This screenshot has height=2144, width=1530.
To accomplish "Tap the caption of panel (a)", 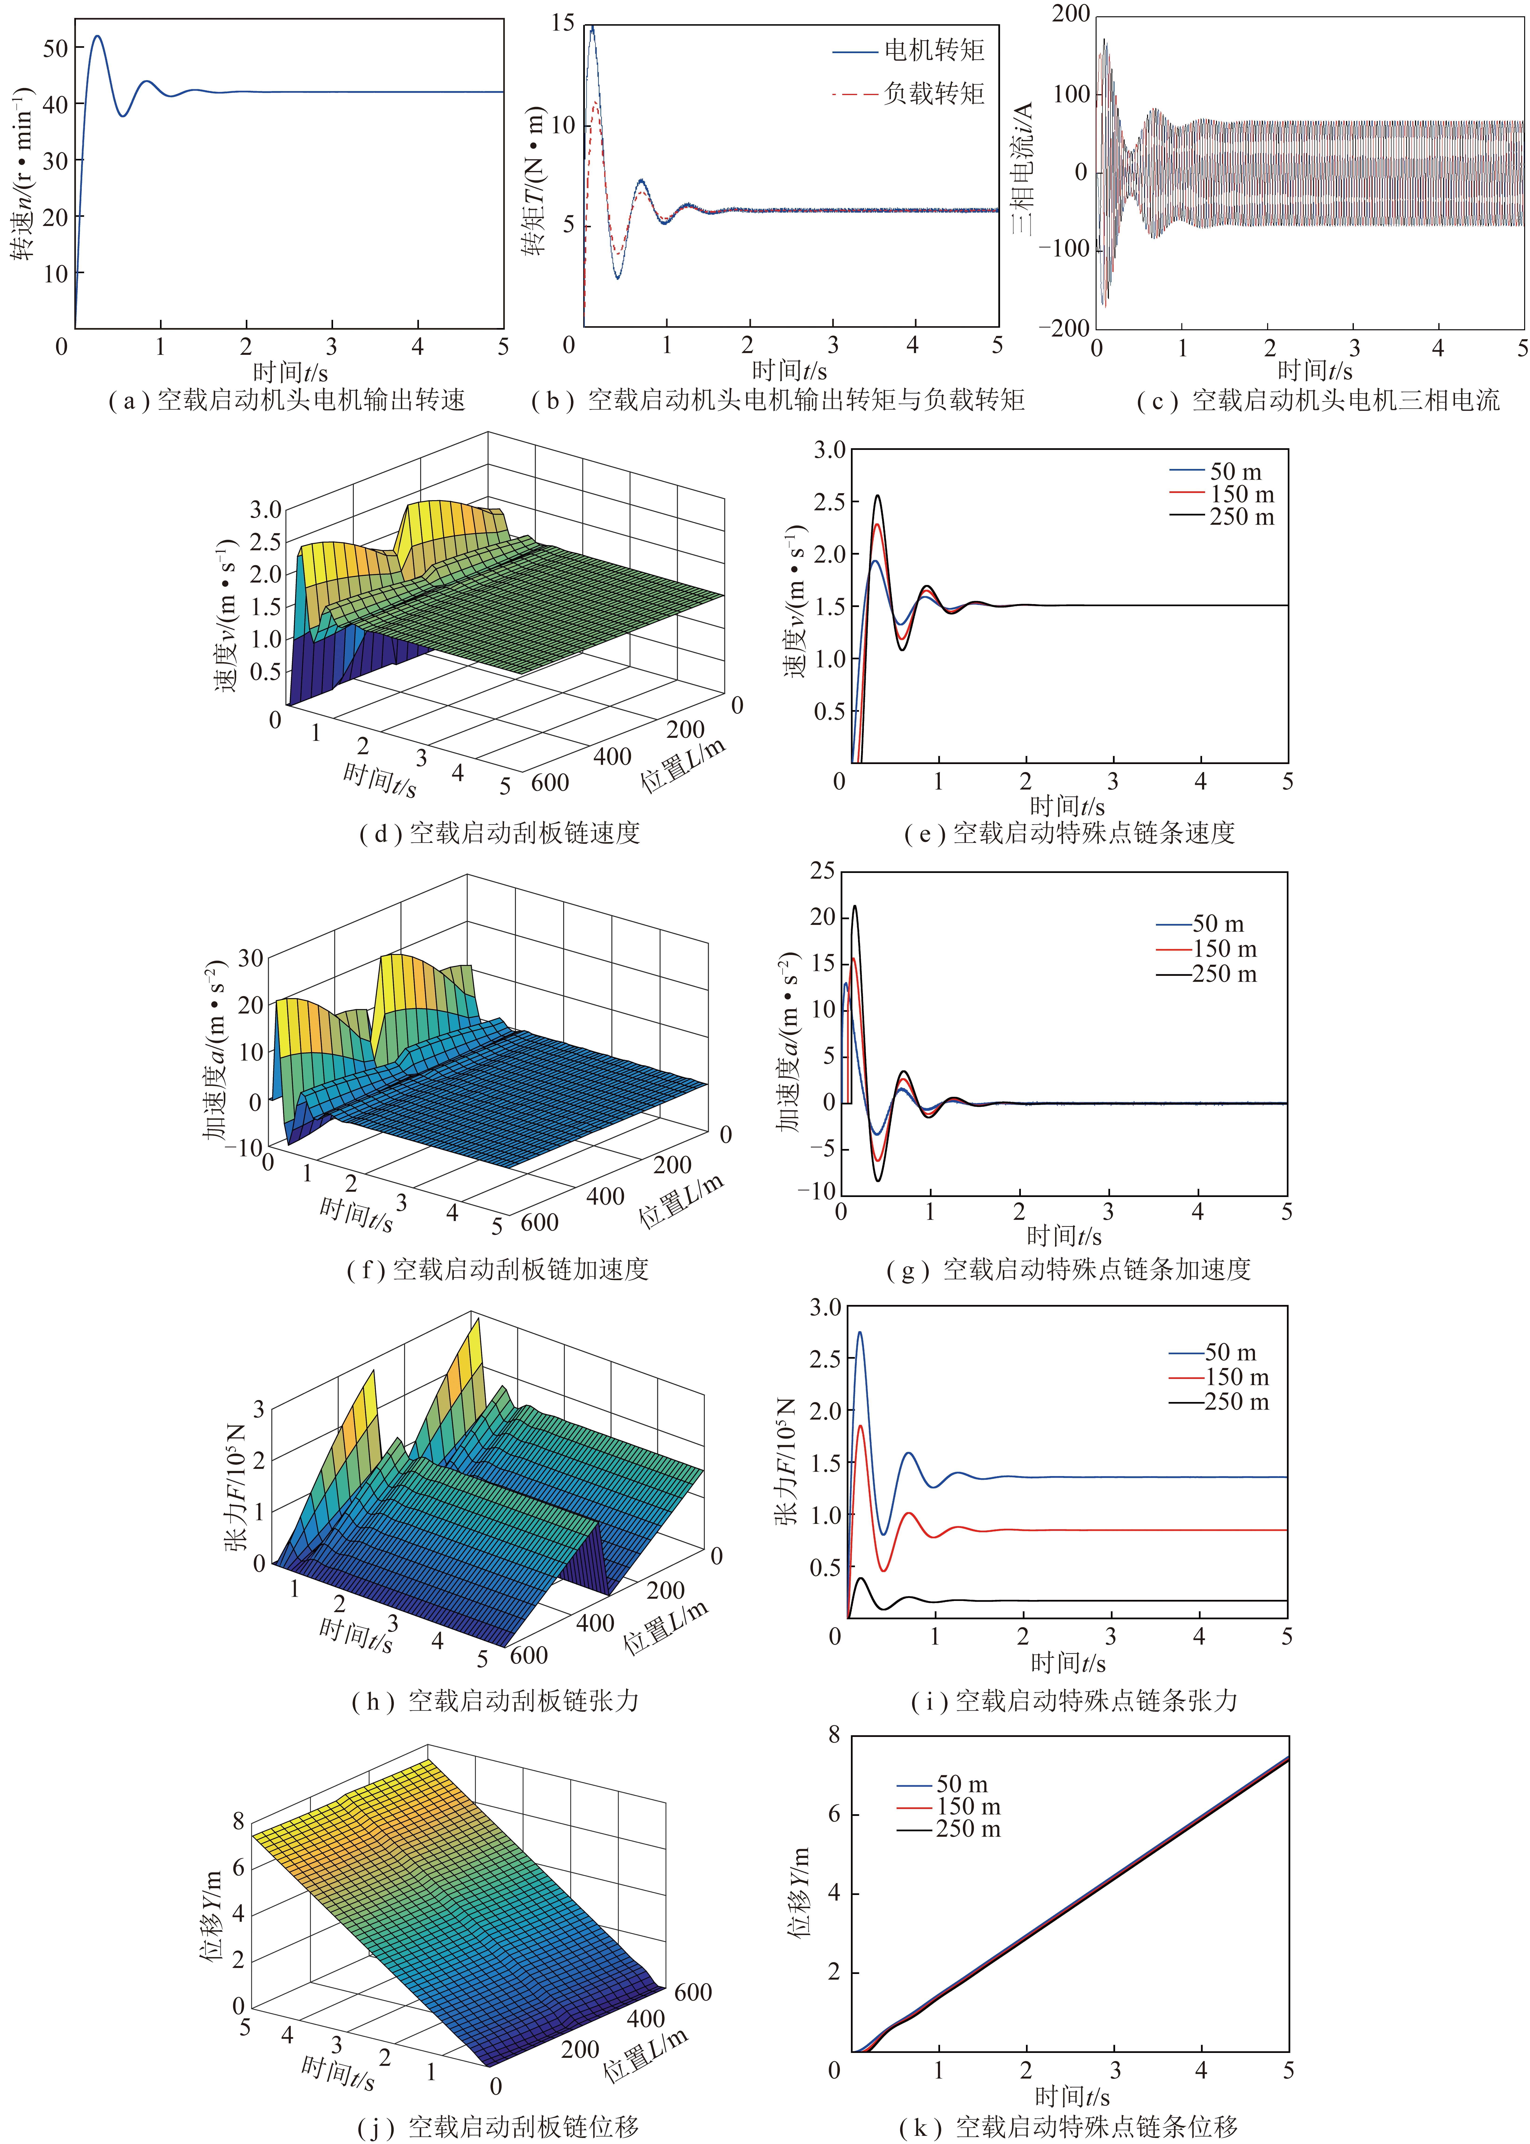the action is pos(287,400).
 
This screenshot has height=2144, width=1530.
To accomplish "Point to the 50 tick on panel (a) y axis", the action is pos(56,48).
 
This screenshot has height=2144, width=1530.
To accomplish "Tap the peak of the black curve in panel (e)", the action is pos(878,496).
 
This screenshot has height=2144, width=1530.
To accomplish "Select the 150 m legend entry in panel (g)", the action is pos(1207,949).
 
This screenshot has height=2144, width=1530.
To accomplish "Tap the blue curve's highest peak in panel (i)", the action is pos(859,1333).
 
